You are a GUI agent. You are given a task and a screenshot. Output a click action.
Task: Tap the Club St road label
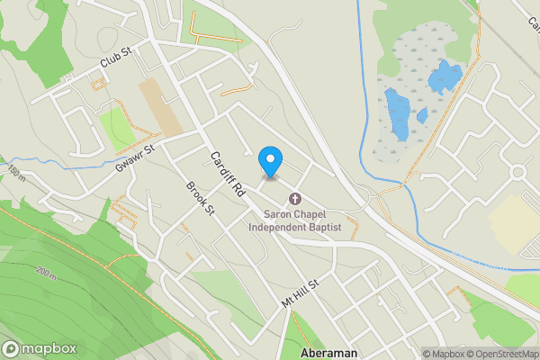[x=116, y=59]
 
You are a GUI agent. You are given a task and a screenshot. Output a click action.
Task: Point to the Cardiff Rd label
[x=228, y=174]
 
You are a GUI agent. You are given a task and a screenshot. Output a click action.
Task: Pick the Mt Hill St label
[x=301, y=293]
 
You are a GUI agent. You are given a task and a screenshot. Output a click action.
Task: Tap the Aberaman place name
[x=329, y=353]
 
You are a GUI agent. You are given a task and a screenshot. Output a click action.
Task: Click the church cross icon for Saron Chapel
[x=294, y=199]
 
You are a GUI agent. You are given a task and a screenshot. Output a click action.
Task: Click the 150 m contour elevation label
[x=14, y=172]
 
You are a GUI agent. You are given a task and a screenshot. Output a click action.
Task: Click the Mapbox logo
[x=40, y=349]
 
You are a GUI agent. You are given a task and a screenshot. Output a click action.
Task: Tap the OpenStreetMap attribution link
[x=501, y=354]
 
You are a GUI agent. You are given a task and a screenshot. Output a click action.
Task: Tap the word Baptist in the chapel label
[x=327, y=228]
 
